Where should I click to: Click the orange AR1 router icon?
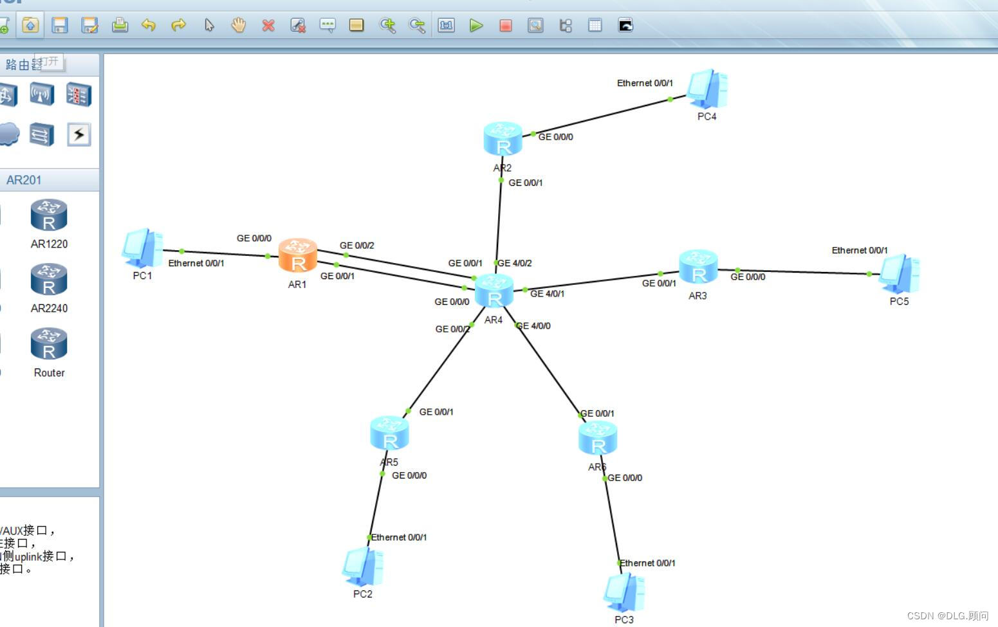(297, 256)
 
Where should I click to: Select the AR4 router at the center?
(494, 291)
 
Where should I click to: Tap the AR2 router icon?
(503, 139)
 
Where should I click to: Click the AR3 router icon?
(698, 268)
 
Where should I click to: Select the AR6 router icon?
(598, 438)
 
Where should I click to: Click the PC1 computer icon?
(142, 248)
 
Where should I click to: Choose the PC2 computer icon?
(363, 567)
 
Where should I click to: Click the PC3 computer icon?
(624, 592)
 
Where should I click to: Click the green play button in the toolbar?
(476, 25)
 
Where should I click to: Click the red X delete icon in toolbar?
(268, 25)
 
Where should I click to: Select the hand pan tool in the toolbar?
(239, 25)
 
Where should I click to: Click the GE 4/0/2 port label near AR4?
(515, 263)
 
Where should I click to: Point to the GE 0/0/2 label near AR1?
(356, 246)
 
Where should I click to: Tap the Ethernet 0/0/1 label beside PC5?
(860, 250)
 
